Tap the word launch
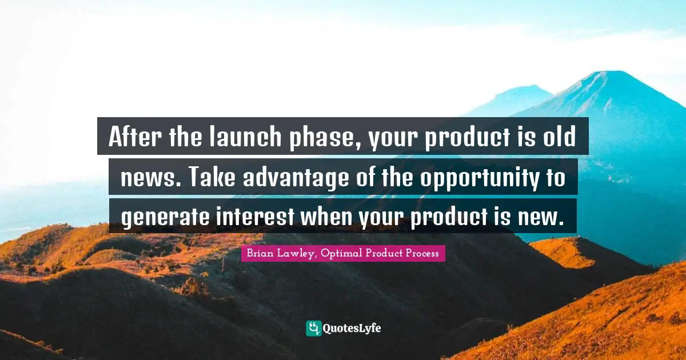[245, 137]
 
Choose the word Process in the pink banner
[422, 253]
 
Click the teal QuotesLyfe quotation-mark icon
[314, 329]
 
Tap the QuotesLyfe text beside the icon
[352, 329]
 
